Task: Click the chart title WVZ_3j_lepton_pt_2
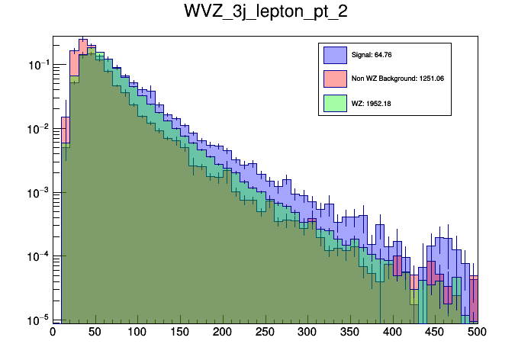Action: pyautogui.click(x=265, y=13)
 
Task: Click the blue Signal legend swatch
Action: pyautogui.click(x=335, y=55)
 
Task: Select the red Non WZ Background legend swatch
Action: pyautogui.click(x=335, y=79)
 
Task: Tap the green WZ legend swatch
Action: pyautogui.click(x=335, y=102)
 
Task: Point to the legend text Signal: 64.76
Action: pyautogui.click(x=372, y=55)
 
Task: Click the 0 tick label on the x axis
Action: pyautogui.click(x=53, y=332)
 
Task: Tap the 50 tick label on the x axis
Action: pyautogui.click(x=95, y=332)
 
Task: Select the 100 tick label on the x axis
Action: pyautogui.click(x=137, y=332)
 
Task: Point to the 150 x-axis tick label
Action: pyautogui.click(x=180, y=332)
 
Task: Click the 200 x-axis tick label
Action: pyautogui.click(x=223, y=332)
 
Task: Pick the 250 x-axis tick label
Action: pyautogui.click(x=265, y=332)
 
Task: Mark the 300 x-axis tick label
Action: pyautogui.click(x=307, y=332)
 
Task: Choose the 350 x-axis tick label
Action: pyautogui.click(x=349, y=332)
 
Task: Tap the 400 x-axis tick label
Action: pyautogui.click(x=392, y=332)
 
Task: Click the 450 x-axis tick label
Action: pyautogui.click(x=434, y=332)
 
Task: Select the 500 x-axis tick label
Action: pyautogui.click(x=477, y=332)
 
